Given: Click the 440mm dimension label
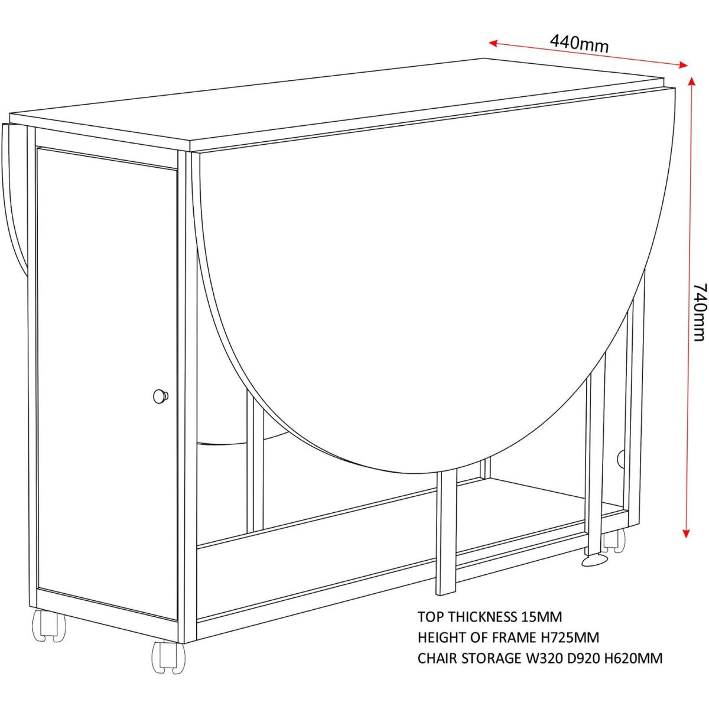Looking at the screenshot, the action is point(579,44).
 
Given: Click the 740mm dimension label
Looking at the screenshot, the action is point(700,313).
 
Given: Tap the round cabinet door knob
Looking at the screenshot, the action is point(161,396).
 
